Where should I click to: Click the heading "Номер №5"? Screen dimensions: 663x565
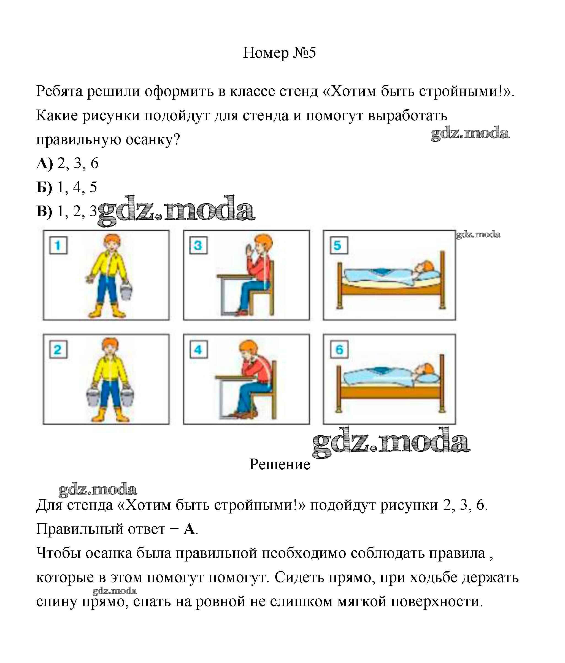click(279, 53)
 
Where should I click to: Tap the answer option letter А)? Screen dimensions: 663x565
click(44, 164)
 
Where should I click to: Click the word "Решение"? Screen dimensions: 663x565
click(280, 464)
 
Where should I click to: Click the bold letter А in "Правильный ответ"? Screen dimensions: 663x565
click(189, 529)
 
